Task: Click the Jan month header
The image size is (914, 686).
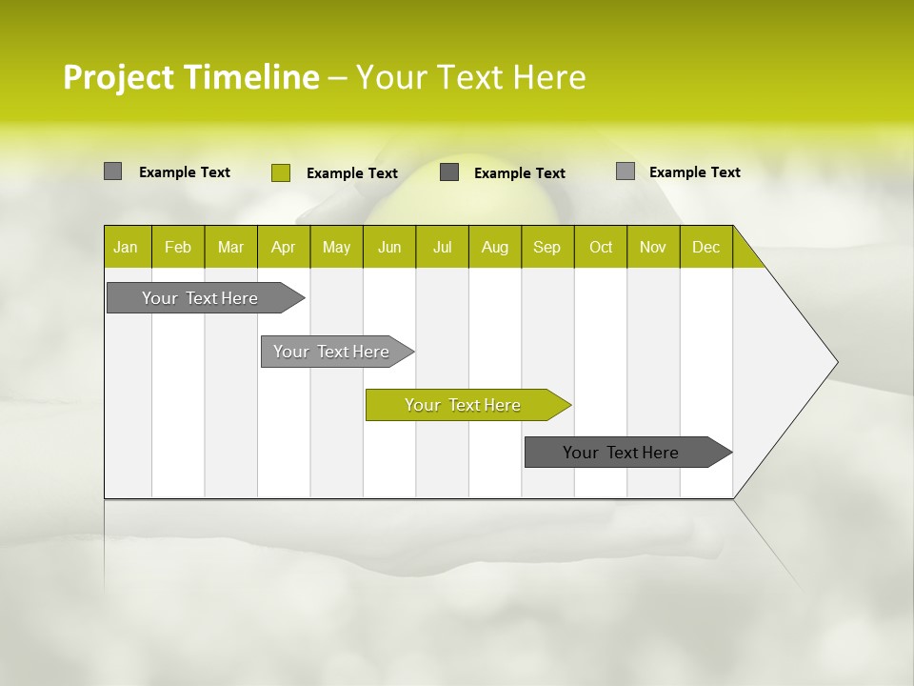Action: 126,247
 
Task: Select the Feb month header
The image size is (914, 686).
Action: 178,247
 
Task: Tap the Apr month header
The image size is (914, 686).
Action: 284,247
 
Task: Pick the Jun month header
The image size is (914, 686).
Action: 389,247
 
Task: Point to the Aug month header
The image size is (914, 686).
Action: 495,247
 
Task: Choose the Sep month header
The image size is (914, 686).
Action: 547,247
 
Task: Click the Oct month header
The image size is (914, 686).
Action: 601,247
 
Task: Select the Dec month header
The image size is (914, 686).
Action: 706,247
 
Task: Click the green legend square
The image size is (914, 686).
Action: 280,172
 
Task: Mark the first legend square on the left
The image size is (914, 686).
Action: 112,171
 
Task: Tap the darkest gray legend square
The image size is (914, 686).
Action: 449,172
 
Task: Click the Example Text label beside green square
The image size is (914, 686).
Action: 352,173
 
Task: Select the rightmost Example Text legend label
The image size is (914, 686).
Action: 695,172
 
